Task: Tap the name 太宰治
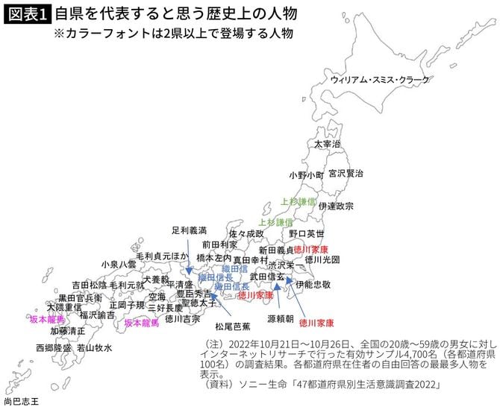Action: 327,143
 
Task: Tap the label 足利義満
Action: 188,231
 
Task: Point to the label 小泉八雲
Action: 119,264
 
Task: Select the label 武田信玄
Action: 266,277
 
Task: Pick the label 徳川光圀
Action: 322,259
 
